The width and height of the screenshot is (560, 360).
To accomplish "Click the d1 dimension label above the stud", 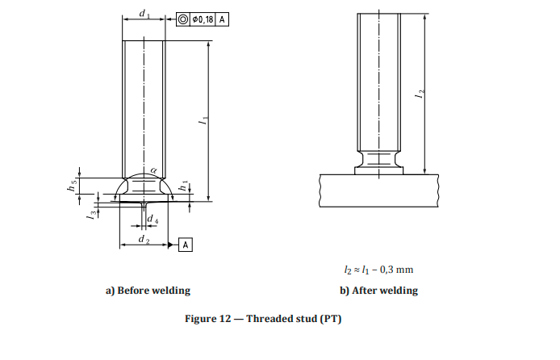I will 144,13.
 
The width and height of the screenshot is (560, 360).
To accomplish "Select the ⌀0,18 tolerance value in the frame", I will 203,19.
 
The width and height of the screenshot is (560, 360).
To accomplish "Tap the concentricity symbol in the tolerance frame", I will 183,19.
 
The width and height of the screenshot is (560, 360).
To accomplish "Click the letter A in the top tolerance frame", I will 222,19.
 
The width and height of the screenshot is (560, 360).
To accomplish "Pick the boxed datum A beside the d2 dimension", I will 185,244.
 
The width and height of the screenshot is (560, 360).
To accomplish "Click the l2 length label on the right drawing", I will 419,94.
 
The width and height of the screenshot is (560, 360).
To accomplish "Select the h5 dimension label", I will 71,186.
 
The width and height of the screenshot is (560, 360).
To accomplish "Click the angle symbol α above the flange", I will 153,170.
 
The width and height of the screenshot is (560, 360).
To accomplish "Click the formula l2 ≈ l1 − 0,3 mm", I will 378,270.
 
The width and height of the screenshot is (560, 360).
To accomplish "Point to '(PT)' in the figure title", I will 330,319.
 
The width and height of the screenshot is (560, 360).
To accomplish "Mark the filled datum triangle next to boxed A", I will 173,244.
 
